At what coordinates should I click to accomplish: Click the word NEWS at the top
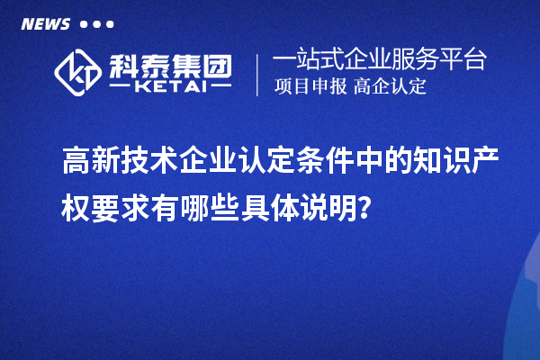45,24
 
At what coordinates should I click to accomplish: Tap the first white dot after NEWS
84,24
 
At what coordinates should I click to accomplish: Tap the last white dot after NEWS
110,24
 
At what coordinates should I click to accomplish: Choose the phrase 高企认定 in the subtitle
390,87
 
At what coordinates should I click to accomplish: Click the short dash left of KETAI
120,89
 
